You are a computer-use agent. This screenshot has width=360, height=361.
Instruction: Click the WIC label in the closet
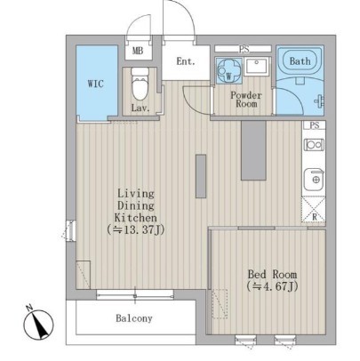pyautogui.click(x=96, y=84)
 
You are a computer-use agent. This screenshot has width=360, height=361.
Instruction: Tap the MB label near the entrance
pyautogui.click(x=138, y=51)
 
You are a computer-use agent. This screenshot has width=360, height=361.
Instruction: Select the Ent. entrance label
pyautogui.click(x=186, y=61)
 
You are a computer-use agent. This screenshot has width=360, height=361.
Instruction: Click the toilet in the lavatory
pyautogui.click(x=140, y=84)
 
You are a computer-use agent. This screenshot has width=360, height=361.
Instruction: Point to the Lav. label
pyautogui.click(x=140, y=108)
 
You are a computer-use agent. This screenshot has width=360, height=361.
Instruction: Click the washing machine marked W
pyautogui.click(x=228, y=70)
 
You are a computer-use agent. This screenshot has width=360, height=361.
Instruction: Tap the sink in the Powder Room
pyautogui.click(x=257, y=67)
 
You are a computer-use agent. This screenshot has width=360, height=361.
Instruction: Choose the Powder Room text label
pyautogui.click(x=246, y=100)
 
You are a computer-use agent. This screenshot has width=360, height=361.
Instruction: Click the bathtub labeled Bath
pyautogui.click(x=300, y=61)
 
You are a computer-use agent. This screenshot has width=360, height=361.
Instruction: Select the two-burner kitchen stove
pyautogui.click(x=314, y=145)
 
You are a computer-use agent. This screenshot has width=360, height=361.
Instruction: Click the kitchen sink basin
pyautogui.click(x=314, y=180)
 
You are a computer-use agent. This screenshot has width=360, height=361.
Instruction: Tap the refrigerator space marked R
pyautogui.click(x=314, y=210)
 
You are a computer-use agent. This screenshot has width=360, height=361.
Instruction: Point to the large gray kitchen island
pyautogui.click(x=253, y=150)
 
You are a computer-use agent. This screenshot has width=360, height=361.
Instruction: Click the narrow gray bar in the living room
pyautogui.click(x=201, y=176)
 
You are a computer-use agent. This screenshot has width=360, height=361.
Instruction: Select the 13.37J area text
pyautogui.click(x=136, y=229)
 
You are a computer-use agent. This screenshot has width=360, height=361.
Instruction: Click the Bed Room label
pyautogui.click(x=272, y=274)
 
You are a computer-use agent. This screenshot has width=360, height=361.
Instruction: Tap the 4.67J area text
pyautogui.click(x=272, y=286)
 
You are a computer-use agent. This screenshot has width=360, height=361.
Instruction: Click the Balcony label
pyautogui.click(x=134, y=318)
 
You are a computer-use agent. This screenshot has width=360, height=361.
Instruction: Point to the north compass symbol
pyautogui.click(x=38, y=324)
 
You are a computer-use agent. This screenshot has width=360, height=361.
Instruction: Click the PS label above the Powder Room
pyautogui.click(x=244, y=49)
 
